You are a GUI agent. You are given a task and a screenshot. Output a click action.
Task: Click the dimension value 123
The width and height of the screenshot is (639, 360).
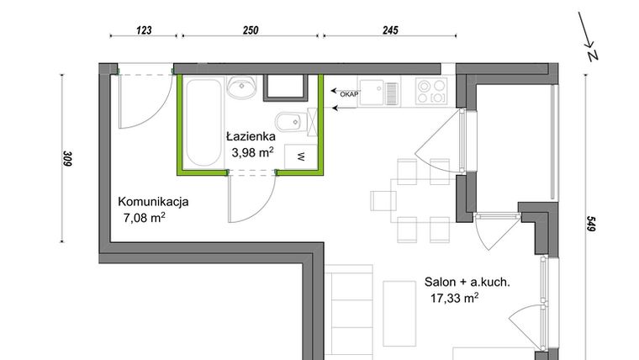click(144, 29)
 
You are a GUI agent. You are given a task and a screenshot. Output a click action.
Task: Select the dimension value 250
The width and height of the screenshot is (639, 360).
click(250, 29)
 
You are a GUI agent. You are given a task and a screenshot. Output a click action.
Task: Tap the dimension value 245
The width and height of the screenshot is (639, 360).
click(389, 29)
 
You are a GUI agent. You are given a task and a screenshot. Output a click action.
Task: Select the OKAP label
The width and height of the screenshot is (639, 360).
click(348, 95)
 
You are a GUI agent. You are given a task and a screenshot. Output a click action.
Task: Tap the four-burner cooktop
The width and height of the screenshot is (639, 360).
click(430, 89)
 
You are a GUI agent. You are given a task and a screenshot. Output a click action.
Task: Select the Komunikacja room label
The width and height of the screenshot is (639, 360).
click(153, 202)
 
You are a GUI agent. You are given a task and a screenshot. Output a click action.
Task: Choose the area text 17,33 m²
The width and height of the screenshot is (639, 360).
click(454, 297)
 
